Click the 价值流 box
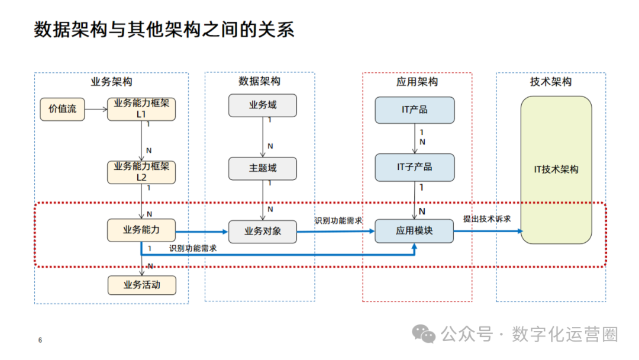(x=63, y=109)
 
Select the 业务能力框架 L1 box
(x=141, y=109)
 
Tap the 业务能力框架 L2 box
(x=141, y=172)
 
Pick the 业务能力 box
(x=141, y=230)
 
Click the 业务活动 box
(x=141, y=285)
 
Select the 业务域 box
(x=263, y=105)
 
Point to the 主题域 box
(x=263, y=168)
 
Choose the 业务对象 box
(x=263, y=232)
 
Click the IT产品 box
(x=414, y=110)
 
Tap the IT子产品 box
(x=414, y=167)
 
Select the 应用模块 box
(x=414, y=230)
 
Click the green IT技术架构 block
(x=556, y=170)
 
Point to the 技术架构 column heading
(x=551, y=82)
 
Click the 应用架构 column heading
(x=417, y=82)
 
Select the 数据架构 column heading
(x=260, y=81)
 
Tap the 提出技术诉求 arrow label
(x=487, y=218)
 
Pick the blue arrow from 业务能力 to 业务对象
(x=202, y=232)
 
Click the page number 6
(x=40, y=340)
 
